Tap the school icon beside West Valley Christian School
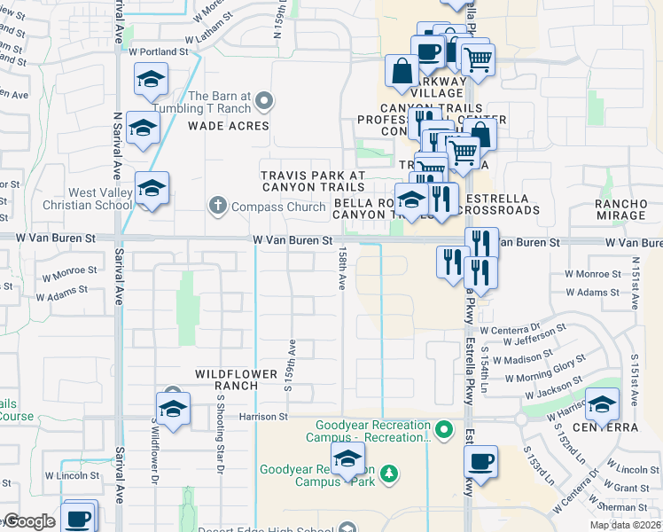point(152,190)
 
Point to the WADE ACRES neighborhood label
point(228,126)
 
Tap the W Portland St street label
point(160,52)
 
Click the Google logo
point(30,521)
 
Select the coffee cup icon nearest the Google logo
point(78,517)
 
